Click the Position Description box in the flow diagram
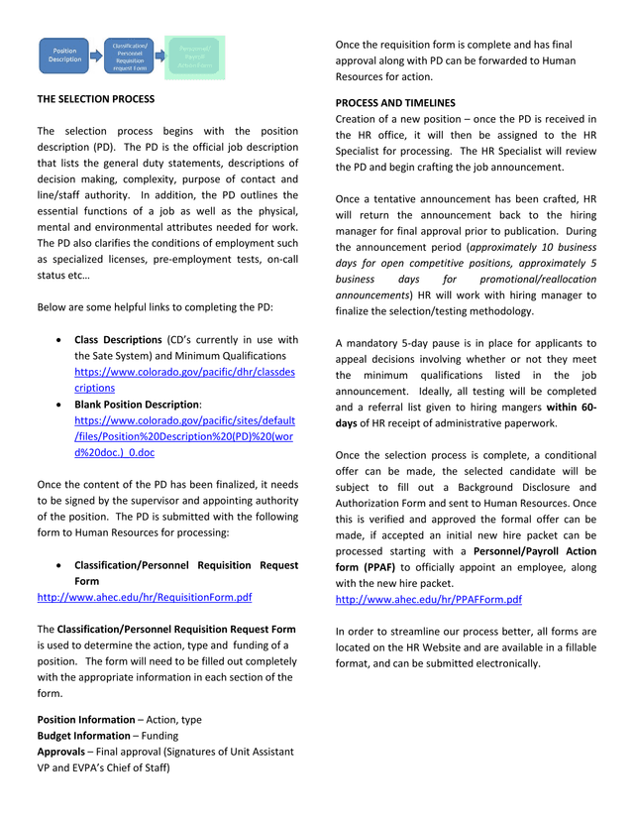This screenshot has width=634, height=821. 65,56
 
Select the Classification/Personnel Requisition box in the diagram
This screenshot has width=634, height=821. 130,57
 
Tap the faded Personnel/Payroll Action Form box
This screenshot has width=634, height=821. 195,57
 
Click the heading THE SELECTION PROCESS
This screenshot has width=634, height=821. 96,99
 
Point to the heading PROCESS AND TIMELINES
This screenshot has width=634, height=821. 395,102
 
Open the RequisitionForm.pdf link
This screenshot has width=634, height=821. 144,598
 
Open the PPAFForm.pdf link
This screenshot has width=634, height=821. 428,600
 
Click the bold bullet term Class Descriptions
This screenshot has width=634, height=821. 118,340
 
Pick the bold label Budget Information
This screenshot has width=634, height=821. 86,736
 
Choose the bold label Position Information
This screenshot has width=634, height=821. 86,720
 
